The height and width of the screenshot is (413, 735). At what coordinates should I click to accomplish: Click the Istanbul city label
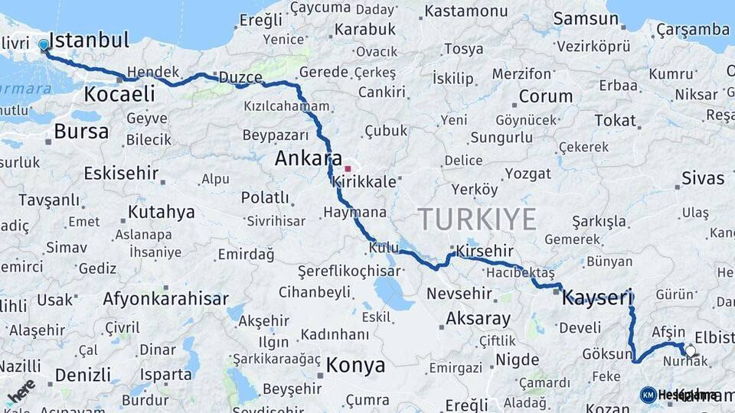(x=88, y=40)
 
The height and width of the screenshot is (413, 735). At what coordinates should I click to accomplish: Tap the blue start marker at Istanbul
(x=44, y=45)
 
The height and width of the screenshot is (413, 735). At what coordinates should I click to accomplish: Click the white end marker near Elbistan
(x=691, y=351)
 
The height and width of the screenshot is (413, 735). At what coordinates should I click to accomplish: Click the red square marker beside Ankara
(x=348, y=169)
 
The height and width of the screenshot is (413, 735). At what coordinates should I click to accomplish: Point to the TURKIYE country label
(x=476, y=220)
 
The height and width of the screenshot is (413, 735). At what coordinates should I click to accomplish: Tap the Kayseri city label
(x=597, y=297)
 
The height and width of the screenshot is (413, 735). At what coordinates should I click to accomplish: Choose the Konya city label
(x=355, y=366)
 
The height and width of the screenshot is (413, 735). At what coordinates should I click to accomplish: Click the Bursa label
(x=81, y=132)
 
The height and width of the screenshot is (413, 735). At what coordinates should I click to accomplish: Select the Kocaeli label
(x=119, y=94)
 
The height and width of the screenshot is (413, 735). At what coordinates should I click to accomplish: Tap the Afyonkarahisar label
(x=165, y=298)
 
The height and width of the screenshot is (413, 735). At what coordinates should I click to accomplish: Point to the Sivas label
(x=702, y=178)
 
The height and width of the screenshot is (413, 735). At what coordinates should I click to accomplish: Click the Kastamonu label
(x=465, y=11)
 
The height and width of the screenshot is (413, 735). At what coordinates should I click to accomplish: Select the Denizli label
(x=83, y=375)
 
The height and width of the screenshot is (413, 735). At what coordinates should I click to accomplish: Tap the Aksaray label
(x=478, y=317)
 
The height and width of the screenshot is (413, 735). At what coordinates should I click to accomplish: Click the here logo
(x=21, y=391)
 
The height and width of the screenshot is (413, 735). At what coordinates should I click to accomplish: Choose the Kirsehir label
(x=484, y=251)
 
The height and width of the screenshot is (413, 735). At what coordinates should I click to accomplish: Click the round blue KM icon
(x=648, y=395)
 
